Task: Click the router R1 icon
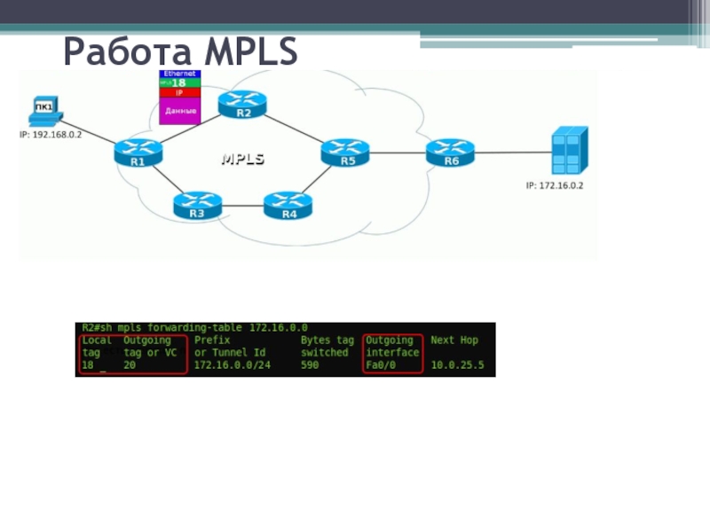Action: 138,153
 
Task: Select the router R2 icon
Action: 243,105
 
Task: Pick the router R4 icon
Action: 288,206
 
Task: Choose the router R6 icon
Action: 450,153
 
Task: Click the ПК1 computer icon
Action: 43,113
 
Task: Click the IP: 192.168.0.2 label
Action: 51,135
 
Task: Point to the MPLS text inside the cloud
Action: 242,159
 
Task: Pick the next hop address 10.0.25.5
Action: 457,364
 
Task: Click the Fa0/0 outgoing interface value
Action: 381,364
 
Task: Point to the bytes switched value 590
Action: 310,364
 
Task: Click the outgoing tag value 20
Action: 130,364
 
